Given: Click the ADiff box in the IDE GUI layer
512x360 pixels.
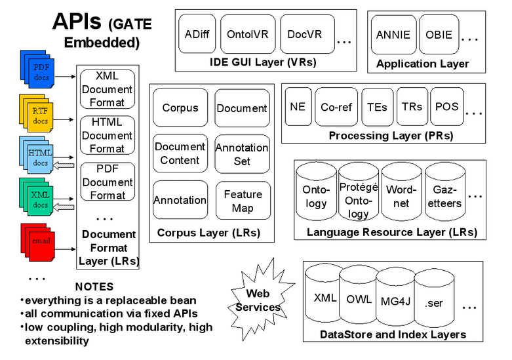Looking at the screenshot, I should tap(197, 34).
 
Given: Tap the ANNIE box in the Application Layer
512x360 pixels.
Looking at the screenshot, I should tap(393, 35).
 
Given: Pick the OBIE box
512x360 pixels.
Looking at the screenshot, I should tap(439, 35).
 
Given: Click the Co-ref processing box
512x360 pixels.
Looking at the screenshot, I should tap(336, 107).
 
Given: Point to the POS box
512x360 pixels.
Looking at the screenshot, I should tap(447, 107).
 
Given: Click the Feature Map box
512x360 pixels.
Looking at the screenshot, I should tap(243, 201).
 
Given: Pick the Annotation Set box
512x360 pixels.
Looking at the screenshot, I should tap(243, 154).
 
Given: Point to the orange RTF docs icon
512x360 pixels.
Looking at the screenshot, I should tap(37, 115).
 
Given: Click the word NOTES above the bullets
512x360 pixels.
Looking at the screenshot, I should tap(94, 287).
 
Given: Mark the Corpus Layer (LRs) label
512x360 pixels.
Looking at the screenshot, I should tap(208, 233).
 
